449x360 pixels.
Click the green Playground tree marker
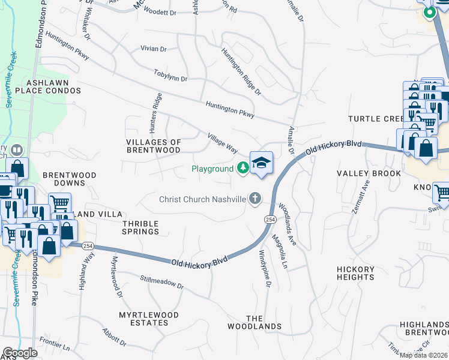point(243,169)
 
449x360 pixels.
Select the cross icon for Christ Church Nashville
point(255,199)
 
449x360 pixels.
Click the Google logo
point(20,353)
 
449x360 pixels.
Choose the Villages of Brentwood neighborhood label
point(154,146)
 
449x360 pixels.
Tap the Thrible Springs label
point(140,227)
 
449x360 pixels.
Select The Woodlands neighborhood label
point(254,322)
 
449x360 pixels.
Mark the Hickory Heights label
point(355,273)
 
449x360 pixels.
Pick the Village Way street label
point(222,142)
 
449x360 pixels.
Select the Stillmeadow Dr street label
point(161,280)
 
